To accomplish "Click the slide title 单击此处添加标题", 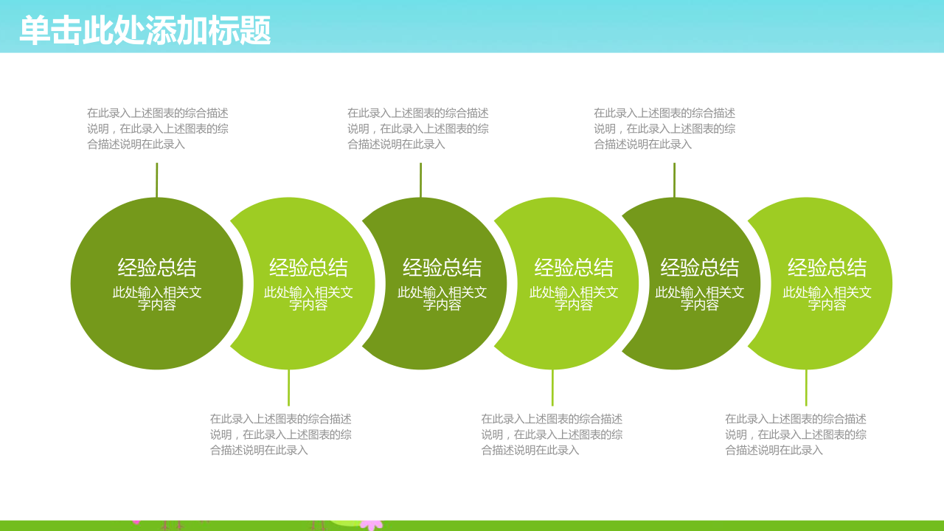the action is click(145, 30).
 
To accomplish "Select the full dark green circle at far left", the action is click(157, 284).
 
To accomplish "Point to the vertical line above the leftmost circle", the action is click(157, 180).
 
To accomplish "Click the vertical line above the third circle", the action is click(420, 180).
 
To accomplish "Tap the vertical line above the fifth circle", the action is click(674, 180).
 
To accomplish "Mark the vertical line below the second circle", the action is click(288, 388).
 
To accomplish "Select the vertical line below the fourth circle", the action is click(552, 388).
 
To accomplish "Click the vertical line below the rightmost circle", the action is click(806, 388).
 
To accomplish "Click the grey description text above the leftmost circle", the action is click(158, 128).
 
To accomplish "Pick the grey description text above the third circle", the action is click(418, 128).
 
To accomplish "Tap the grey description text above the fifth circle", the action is click(664, 128).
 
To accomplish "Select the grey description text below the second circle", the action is click(281, 434).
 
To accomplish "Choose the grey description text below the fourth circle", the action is click(552, 434).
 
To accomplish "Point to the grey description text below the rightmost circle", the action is click(796, 434).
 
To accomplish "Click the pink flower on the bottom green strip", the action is click(372, 525).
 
